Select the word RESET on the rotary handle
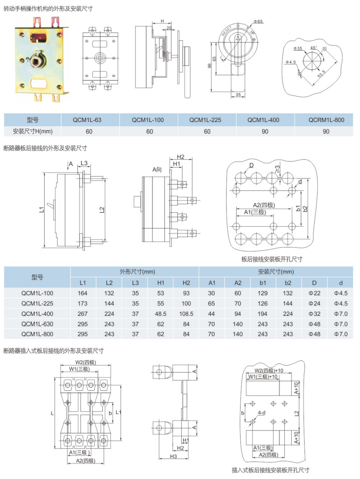pos(227,30)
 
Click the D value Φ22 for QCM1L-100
pos(315,293)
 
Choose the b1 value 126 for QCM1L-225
pos(263,303)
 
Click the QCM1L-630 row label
pos(37,324)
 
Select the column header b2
pos(289,283)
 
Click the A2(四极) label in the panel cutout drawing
pos(264,205)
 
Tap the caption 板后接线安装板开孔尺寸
pos(272,259)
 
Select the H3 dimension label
pos(173,456)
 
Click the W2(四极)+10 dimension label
pos(269,370)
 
